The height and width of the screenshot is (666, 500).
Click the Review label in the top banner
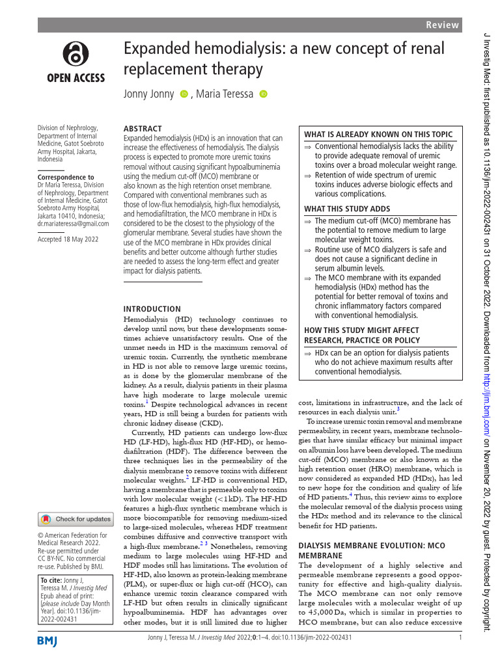443,25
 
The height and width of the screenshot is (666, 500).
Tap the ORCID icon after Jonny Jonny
184,94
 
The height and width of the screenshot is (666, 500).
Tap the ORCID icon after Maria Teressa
263,94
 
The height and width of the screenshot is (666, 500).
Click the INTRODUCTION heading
152,309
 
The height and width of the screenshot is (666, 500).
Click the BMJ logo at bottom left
48,642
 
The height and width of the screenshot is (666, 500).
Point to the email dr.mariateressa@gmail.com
73,224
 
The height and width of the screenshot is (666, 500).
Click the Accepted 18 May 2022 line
68,239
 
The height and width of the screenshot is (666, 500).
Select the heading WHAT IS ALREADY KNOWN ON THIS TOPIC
378,134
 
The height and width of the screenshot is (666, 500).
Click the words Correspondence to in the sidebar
66,177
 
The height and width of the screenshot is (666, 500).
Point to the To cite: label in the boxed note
52,580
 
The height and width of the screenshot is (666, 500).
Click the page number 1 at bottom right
460,637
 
